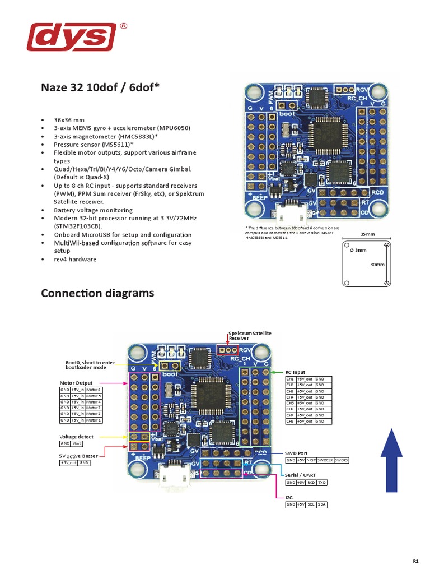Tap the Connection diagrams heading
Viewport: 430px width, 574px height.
tap(97, 293)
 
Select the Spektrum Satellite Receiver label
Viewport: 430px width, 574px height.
tap(250, 335)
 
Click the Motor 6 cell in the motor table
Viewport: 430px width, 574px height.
tap(94, 390)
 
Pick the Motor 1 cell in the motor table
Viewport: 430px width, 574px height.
tap(94, 420)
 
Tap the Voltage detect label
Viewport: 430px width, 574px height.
tap(77, 436)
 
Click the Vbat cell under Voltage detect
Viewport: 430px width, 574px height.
tap(77, 443)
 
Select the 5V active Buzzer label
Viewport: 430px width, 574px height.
tap(82, 456)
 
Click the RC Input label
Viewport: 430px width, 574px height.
tap(296, 372)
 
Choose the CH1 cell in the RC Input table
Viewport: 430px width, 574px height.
tap(290, 379)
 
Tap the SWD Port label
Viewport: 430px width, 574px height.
tap(296, 453)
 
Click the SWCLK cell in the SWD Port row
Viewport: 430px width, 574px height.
tap(325, 460)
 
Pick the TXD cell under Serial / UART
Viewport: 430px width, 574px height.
tap(321, 483)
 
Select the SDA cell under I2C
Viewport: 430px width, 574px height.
tap(321, 505)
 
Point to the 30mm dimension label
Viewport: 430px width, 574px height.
tap(377, 264)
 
